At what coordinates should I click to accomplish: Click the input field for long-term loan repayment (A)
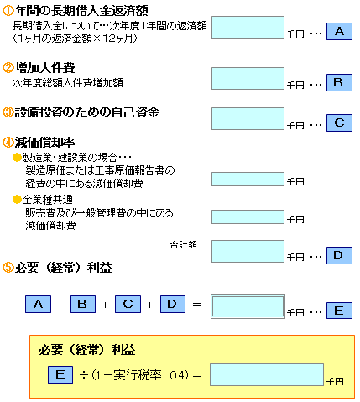pyautogui.click(x=248, y=27)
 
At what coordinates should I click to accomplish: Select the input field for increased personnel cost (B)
pyautogui.click(x=248, y=78)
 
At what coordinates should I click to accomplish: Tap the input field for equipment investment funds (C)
pyautogui.click(x=248, y=118)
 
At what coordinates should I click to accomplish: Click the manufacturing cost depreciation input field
pyautogui.click(x=248, y=179)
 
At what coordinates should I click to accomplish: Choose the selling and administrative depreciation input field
pyautogui.click(x=248, y=217)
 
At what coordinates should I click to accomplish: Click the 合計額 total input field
pyautogui.click(x=248, y=251)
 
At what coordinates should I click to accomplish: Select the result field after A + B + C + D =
pyautogui.click(x=248, y=306)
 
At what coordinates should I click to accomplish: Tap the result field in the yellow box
pyautogui.click(x=267, y=374)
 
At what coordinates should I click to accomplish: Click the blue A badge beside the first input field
pyautogui.click(x=339, y=32)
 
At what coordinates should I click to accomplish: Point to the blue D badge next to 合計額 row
pyautogui.click(x=339, y=255)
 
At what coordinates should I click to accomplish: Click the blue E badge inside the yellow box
pyautogui.click(x=60, y=374)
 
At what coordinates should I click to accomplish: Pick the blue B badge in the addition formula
pyautogui.click(x=83, y=304)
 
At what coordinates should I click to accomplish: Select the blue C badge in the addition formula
pyautogui.click(x=128, y=304)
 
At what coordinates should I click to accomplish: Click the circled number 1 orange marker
pyautogui.click(x=8, y=11)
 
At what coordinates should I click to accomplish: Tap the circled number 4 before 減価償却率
pyautogui.click(x=8, y=143)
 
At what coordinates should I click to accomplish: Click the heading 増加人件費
pyautogui.click(x=44, y=68)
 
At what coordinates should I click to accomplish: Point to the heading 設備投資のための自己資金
pyautogui.click(x=87, y=112)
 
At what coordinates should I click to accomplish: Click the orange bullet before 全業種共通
pyautogui.click(x=17, y=200)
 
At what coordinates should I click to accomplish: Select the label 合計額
pyautogui.click(x=184, y=245)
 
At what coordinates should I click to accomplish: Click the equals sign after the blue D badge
pyautogui.click(x=196, y=305)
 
